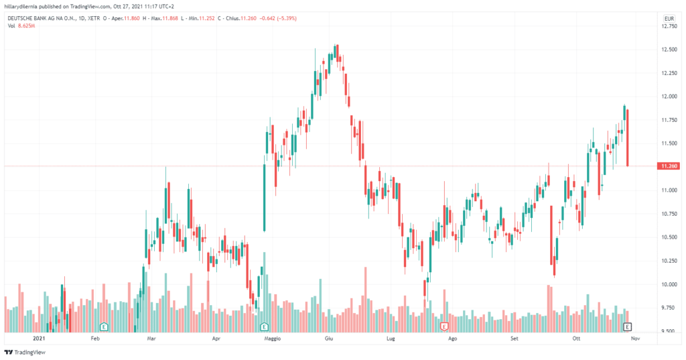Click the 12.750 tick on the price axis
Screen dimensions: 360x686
click(x=668, y=27)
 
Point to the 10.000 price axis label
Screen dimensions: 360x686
click(x=668, y=284)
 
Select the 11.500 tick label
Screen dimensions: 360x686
click(x=668, y=143)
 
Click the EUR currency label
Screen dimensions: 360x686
click(x=668, y=18)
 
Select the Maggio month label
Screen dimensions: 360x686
click(x=273, y=339)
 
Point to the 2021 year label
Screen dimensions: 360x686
click(x=41, y=339)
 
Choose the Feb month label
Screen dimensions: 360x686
click(x=95, y=339)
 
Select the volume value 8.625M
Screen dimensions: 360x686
click(x=27, y=25)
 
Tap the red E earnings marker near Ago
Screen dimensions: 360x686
click(x=444, y=326)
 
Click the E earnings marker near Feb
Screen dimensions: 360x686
click(x=105, y=326)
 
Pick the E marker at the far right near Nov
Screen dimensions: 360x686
click(x=628, y=326)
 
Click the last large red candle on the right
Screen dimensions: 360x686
click(x=628, y=137)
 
